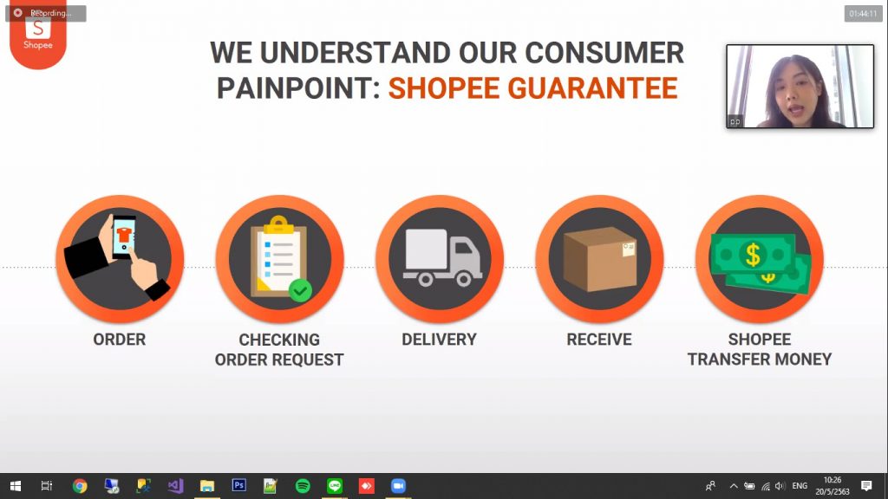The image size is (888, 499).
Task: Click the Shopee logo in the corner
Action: (x=38, y=35)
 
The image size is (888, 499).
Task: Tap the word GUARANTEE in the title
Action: (x=592, y=88)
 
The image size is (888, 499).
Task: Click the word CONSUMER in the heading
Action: (x=604, y=53)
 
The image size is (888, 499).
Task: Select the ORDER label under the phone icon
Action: (x=120, y=340)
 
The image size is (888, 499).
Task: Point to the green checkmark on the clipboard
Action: (x=300, y=291)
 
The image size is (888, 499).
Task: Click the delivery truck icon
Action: (x=442, y=257)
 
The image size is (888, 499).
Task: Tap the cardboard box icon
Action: (x=600, y=258)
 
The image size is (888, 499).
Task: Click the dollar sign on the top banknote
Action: (x=753, y=255)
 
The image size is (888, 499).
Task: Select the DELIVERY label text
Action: (x=440, y=340)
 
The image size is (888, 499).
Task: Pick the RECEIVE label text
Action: (x=599, y=340)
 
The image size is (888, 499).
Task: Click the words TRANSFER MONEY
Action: (x=760, y=360)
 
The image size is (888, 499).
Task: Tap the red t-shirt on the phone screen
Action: (x=124, y=235)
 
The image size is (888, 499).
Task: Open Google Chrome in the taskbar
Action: (x=80, y=486)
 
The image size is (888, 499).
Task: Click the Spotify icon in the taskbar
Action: (x=303, y=486)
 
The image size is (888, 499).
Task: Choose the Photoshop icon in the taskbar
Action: (x=239, y=485)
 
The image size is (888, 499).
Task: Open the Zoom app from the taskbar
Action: (x=398, y=486)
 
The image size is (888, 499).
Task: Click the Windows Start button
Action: (x=16, y=486)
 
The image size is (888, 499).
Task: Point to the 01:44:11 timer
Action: (x=863, y=14)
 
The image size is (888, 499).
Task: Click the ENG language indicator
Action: (x=800, y=486)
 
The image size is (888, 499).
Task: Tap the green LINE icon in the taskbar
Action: (x=335, y=486)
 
